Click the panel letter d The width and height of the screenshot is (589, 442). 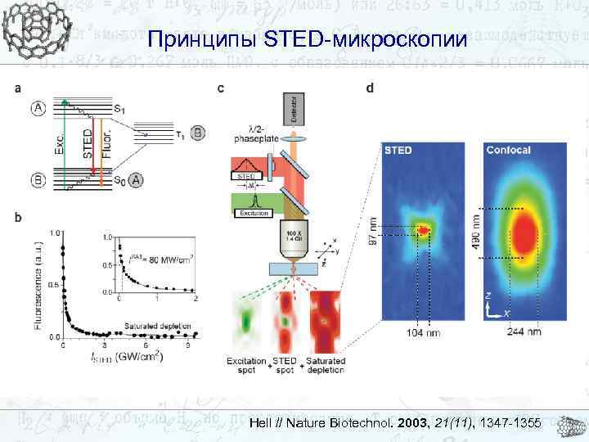click(373, 88)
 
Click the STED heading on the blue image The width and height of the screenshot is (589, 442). click(398, 151)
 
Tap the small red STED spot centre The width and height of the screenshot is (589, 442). click(423, 232)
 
